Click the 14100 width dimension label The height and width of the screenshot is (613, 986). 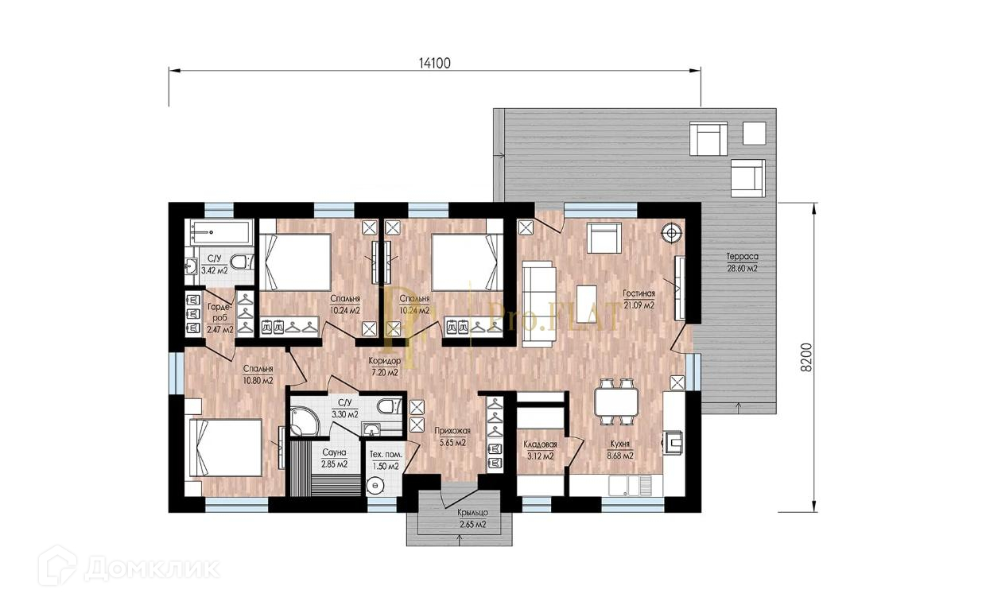(x=434, y=64)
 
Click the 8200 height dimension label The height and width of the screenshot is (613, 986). (x=805, y=357)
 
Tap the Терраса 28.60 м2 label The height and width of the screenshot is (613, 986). (x=742, y=262)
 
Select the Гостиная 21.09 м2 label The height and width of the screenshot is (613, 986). (x=639, y=299)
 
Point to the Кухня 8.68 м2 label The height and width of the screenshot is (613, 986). (x=620, y=450)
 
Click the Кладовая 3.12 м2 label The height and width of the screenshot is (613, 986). (x=540, y=451)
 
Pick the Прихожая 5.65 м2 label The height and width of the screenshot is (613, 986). (x=452, y=437)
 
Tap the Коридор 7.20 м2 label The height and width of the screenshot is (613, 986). (x=384, y=367)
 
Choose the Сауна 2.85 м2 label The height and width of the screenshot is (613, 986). (x=334, y=458)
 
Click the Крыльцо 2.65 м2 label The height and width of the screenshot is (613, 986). (x=473, y=518)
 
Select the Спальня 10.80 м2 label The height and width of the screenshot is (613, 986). (x=258, y=374)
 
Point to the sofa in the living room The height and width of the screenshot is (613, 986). (x=539, y=304)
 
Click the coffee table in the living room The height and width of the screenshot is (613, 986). (x=587, y=299)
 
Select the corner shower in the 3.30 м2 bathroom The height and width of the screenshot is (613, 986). (x=306, y=421)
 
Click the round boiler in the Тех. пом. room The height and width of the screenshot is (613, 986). (x=375, y=486)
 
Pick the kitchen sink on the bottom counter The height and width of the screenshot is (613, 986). (x=630, y=486)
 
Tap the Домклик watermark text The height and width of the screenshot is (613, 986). (x=152, y=569)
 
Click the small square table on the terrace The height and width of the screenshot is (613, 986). (x=754, y=133)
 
